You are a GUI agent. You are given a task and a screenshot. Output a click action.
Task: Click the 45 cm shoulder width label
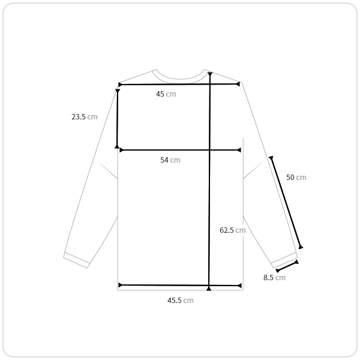point(166,94)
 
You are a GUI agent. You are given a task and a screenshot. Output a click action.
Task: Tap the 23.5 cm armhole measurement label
point(85,117)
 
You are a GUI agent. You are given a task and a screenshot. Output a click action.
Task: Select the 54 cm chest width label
point(170,160)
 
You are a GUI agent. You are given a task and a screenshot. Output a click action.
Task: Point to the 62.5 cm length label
point(233,230)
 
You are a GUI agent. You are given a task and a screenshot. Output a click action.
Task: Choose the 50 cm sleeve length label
point(296,177)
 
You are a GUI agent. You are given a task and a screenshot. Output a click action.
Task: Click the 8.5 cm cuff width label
point(274,278)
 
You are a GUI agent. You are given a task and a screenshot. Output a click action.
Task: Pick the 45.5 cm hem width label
point(181,301)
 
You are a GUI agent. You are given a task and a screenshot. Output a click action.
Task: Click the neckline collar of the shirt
point(181,79)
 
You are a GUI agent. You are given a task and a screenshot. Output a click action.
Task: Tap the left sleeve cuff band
point(76,260)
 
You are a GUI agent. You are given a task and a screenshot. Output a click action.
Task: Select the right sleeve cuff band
point(284,260)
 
